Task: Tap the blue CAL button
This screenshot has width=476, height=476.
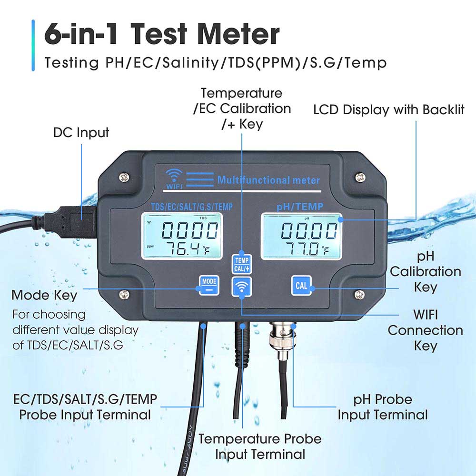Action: [x=301, y=286]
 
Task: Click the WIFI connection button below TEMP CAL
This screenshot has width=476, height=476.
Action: [x=242, y=288]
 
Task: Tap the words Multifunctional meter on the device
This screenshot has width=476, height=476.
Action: [x=268, y=180]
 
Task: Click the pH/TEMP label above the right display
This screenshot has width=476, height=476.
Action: [x=300, y=206]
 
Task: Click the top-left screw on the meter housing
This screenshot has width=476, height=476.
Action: [x=125, y=177]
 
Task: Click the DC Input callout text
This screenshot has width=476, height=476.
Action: [x=81, y=132]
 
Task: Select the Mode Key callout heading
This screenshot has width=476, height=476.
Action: [x=44, y=295]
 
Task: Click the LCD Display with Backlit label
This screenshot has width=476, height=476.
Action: [x=388, y=110]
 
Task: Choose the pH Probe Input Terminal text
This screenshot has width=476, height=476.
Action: [x=383, y=407]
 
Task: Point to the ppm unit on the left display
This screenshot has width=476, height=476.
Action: [x=151, y=247]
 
